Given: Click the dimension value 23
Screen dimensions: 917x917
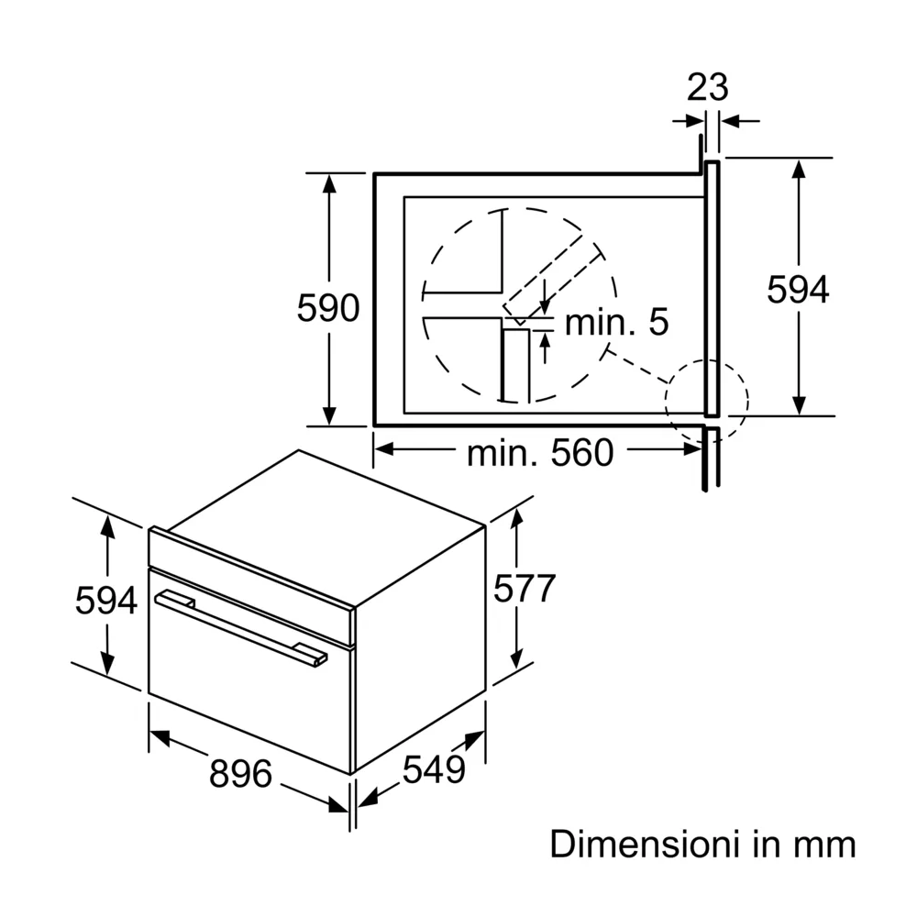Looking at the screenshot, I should pyautogui.click(x=707, y=87).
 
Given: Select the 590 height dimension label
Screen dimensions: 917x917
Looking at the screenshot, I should pyautogui.click(x=327, y=309).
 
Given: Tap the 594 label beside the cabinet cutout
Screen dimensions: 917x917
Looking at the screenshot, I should pyautogui.click(x=798, y=290).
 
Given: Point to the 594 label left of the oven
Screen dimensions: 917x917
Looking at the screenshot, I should pyautogui.click(x=106, y=601).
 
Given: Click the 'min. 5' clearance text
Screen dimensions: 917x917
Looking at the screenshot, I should pyautogui.click(x=615, y=322).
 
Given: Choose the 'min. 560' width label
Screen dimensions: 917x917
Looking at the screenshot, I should pyautogui.click(x=539, y=452).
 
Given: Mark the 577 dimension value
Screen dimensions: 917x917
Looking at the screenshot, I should pyautogui.click(x=525, y=589).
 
